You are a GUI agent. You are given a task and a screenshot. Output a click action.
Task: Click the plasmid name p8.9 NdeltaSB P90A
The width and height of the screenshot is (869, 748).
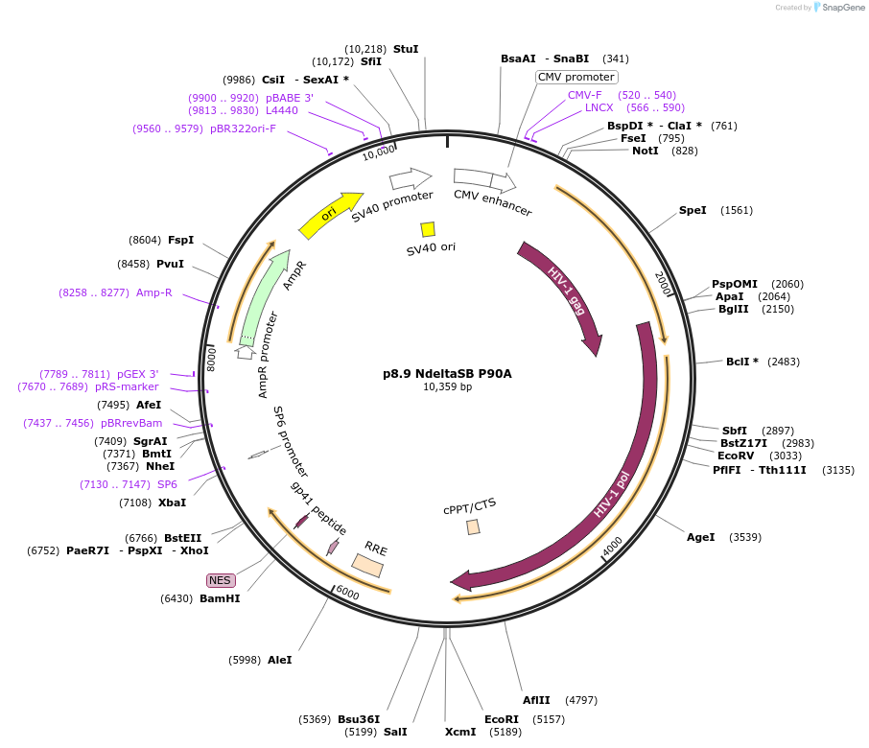[x=447, y=373]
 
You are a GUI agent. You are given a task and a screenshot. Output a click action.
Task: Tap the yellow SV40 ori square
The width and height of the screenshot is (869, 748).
[x=428, y=229]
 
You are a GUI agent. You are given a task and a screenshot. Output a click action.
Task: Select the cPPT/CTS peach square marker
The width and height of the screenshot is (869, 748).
[x=473, y=526]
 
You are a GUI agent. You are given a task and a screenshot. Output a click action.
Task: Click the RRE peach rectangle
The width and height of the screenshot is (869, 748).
[x=367, y=566]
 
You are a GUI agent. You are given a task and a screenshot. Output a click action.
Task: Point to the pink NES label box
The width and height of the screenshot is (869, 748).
[x=221, y=580]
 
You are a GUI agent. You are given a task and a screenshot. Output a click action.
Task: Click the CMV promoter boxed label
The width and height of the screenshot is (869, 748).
[x=576, y=77]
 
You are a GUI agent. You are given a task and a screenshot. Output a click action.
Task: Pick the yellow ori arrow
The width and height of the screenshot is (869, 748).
[x=330, y=215]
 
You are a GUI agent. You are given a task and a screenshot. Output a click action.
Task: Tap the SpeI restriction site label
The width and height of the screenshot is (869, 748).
[x=693, y=210]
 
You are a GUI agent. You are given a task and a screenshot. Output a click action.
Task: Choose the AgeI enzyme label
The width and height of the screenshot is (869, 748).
[x=701, y=537]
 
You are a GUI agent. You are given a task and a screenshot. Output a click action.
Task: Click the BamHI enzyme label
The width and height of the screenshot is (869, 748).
[x=220, y=598]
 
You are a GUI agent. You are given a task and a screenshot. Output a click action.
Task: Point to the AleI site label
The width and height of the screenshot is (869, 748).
[x=280, y=660]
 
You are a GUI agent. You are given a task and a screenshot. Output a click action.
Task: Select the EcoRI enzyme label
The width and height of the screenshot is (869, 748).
[x=502, y=718]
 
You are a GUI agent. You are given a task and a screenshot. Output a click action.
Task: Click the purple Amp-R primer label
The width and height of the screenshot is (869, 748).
[x=154, y=292]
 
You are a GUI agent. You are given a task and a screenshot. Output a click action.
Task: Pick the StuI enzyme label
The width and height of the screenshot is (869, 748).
[x=406, y=49]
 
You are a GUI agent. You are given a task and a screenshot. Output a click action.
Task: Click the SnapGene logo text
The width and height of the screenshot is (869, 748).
[x=839, y=8]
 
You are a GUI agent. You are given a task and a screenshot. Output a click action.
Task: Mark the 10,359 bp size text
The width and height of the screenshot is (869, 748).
[x=447, y=387]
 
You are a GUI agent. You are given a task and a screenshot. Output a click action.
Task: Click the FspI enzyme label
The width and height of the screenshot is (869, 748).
[x=180, y=240]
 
